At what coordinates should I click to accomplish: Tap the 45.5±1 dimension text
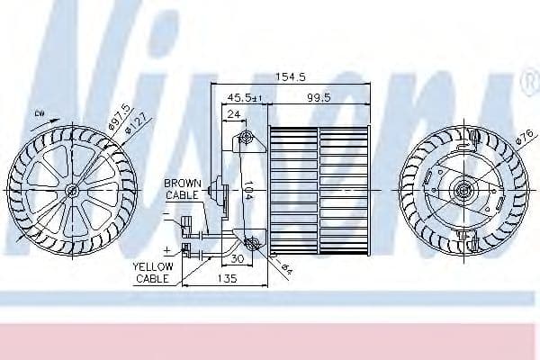click(x=245, y=96)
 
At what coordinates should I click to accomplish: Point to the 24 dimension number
click(x=233, y=114)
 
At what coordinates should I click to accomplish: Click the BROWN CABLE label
click(x=184, y=188)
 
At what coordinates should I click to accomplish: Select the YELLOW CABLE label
click(x=152, y=273)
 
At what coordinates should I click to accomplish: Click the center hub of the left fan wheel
click(x=71, y=190)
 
